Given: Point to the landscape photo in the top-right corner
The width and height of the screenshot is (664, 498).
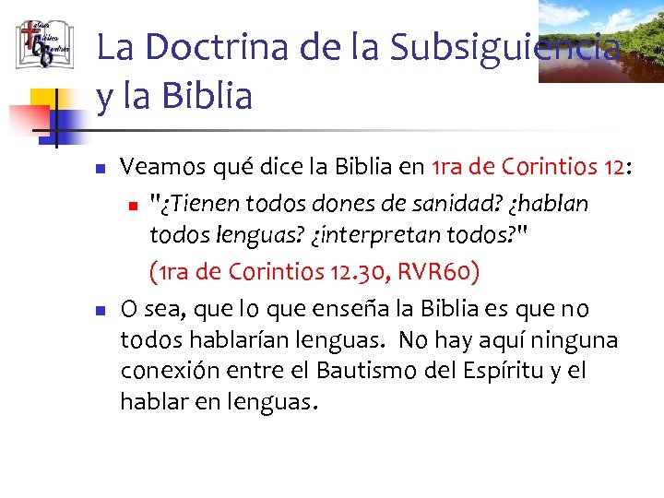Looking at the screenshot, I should tap(601, 41).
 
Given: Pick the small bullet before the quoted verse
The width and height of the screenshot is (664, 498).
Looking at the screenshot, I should tap(135, 204).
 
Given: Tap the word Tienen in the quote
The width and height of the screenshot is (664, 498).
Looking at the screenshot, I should tap(198, 202).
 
